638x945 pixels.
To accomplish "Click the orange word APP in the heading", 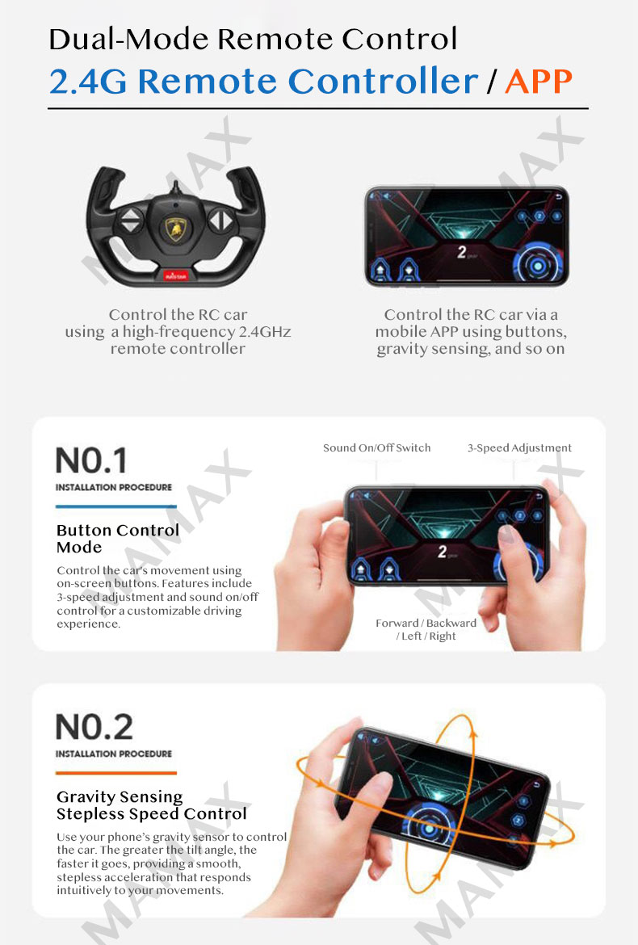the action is coord(538,82).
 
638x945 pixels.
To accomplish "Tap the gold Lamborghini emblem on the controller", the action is coord(175,229).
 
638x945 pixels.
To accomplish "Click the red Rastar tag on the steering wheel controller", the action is coord(175,276).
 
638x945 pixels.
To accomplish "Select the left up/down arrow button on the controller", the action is coord(130,220).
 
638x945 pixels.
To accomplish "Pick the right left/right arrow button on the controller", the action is coord(221,220).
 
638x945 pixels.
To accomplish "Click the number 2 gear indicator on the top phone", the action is coord(461,252).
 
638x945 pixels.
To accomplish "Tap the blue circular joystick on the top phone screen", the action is coord(537,264).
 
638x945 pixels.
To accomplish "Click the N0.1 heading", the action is coord(91,460).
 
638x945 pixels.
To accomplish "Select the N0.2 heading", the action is coord(94,727).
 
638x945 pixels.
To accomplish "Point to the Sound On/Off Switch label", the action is coord(376,447).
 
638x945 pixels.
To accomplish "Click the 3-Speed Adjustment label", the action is coord(519,447).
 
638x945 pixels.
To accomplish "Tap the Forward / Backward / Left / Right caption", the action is coord(426,629).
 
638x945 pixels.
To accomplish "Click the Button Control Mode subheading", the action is coord(117,538).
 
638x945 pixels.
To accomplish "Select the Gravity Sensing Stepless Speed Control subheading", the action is coord(151,805).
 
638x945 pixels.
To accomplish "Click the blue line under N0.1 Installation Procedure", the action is coord(115,506).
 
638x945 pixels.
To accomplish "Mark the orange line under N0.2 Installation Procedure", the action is coord(115,773).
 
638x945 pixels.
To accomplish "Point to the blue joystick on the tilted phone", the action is coord(429,827).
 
